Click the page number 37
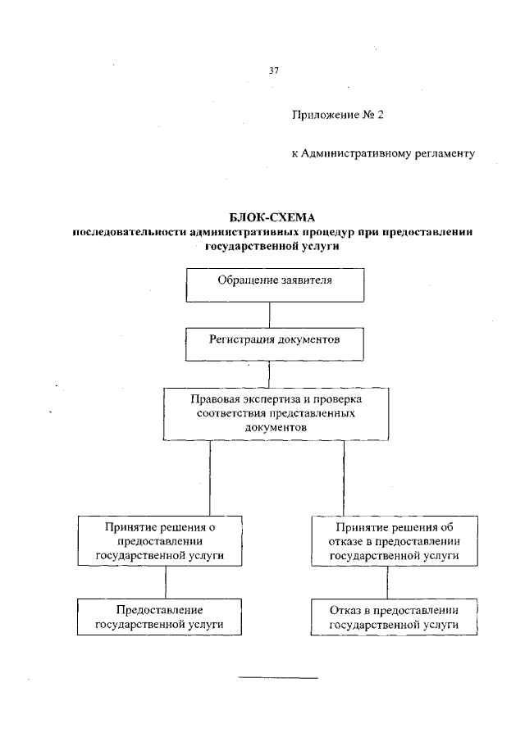point(274,71)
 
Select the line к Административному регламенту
point(384,153)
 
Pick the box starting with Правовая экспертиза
point(275,413)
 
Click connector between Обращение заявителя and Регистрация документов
point(269,315)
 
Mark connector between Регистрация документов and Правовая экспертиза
point(269,373)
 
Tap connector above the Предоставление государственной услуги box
point(167,582)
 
